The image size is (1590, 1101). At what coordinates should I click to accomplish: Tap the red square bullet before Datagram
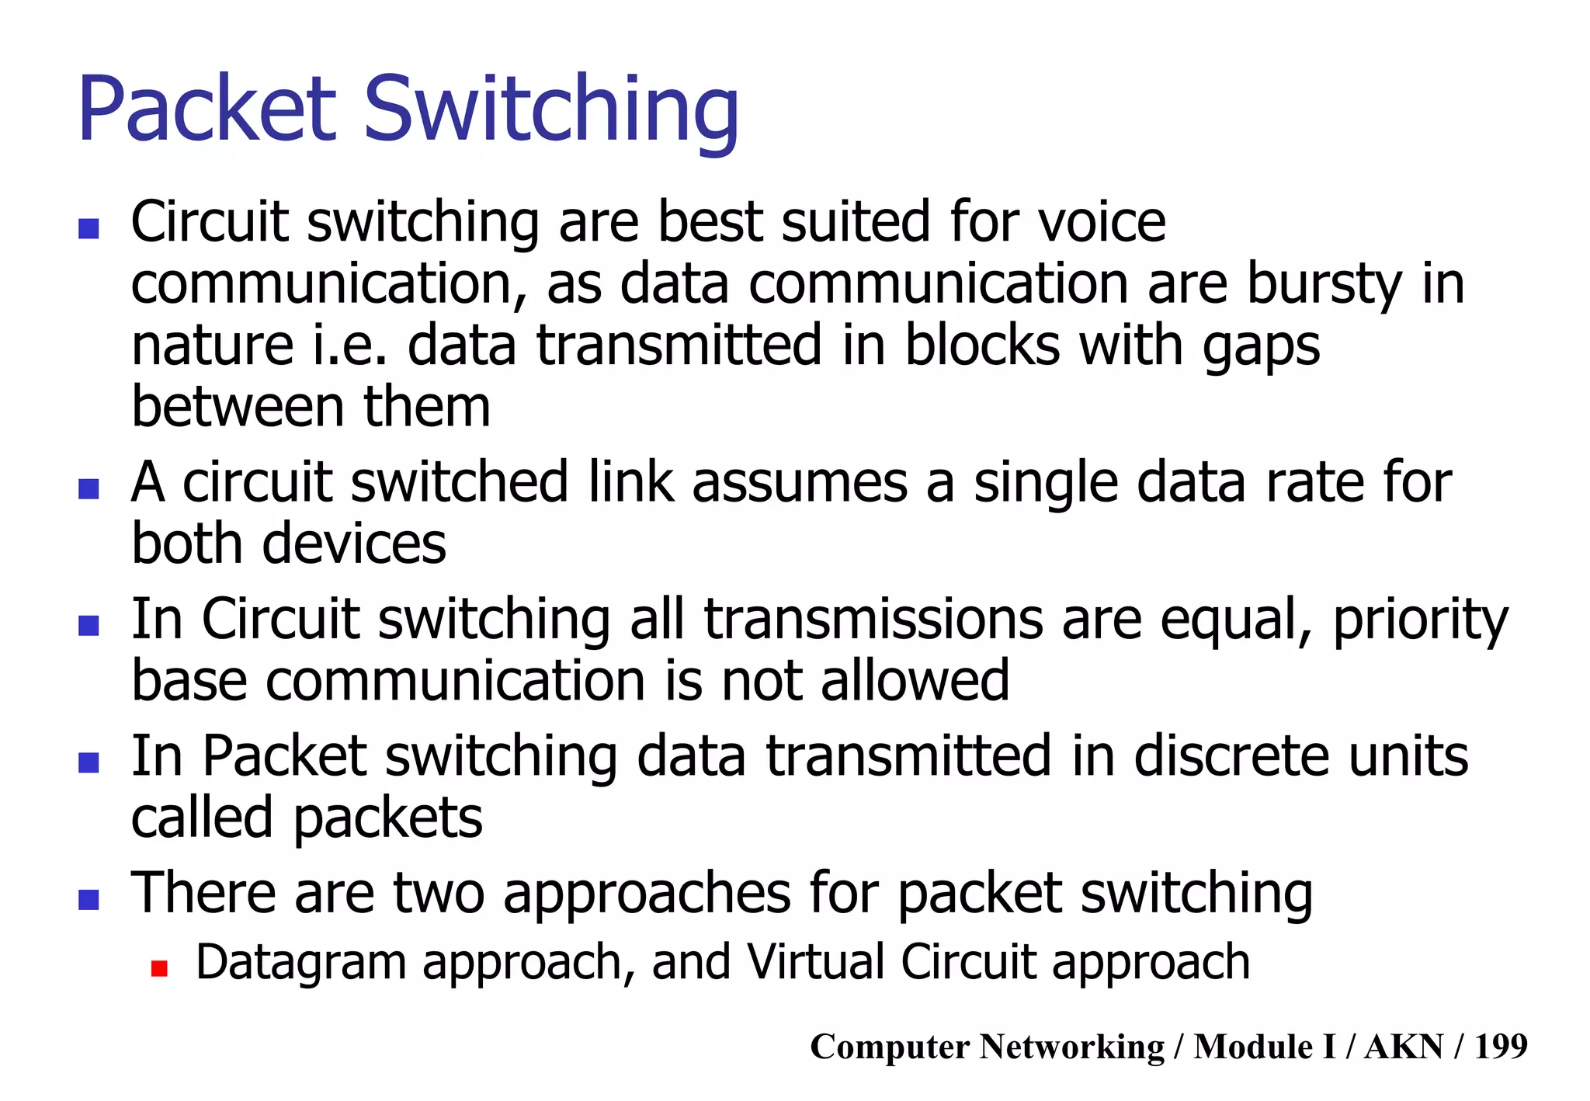point(160,967)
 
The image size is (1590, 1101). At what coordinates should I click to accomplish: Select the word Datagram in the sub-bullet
point(301,963)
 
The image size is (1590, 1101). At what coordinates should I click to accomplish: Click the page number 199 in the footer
point(1501,1046)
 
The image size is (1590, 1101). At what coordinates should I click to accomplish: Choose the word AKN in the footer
point(1404,1046)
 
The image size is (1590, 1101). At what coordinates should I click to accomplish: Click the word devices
point(354,543)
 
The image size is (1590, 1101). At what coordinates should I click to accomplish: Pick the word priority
point(1421,621)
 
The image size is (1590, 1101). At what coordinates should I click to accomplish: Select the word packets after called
point(387,819)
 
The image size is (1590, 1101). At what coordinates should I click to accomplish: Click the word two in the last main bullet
point(439,893)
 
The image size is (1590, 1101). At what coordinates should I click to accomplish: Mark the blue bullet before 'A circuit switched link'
point(89,488)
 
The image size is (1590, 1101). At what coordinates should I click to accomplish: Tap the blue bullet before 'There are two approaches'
point(89,899)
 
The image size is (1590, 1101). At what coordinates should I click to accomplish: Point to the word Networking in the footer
point(1072,1046)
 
